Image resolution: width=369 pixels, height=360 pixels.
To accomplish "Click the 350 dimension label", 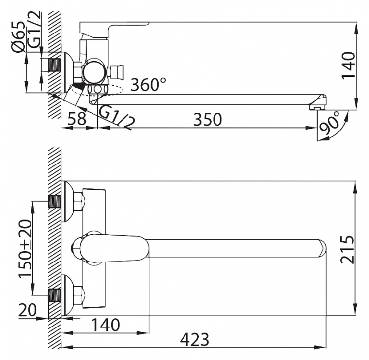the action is tap(207, 119).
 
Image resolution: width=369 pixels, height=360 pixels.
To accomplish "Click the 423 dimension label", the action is tap(194, 340).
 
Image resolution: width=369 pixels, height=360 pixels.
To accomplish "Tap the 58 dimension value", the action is tap(78, 119).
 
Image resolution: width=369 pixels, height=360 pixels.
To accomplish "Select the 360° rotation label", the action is tap(148, 84).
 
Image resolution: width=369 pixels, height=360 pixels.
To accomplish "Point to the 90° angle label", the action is tap(330, 124).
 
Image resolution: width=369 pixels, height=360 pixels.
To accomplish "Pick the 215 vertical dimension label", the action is tap(348, 250).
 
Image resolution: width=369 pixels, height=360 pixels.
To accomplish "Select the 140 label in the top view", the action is tap(105, 325).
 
